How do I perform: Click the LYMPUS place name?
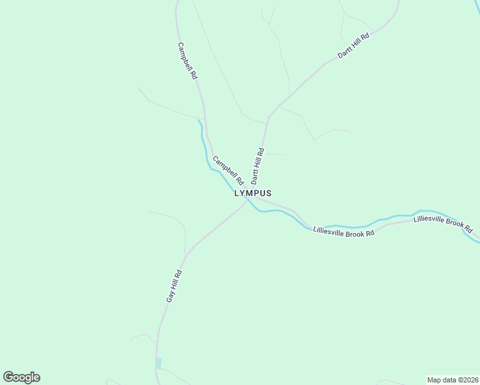[253, 193]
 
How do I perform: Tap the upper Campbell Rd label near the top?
[187, 61]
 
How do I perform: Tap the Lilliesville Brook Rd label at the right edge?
[443, 225]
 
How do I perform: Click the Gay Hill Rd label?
[175, 286]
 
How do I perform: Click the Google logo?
[21, 377]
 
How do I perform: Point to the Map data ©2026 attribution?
[452, 380]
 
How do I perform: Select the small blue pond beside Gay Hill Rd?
[159, 363]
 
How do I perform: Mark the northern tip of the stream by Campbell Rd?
[199, 120]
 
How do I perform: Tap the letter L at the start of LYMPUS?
[237, 193]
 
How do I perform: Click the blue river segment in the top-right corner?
[477, 5]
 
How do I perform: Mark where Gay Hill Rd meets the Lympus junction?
[246, 201]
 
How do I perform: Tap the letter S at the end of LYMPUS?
[269, 193]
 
